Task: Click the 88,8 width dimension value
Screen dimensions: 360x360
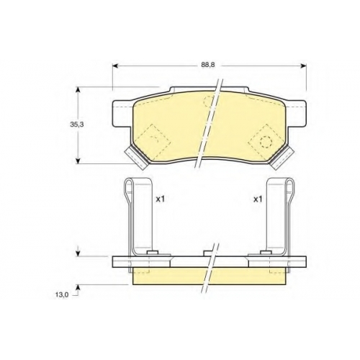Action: pos(208,65)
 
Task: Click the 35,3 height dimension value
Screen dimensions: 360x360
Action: pos(75,125)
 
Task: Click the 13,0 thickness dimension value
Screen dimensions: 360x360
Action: pos(63,294)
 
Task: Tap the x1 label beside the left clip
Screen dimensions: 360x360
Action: pos(161,199)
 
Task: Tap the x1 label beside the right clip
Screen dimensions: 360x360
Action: pos(258,199)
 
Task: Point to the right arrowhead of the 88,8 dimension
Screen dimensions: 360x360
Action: pos(303,66)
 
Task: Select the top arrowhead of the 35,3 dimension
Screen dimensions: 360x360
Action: pos(78,90)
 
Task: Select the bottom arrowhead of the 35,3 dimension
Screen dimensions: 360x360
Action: pos(78,161)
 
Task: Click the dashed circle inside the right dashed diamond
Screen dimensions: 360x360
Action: pos(266,142)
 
